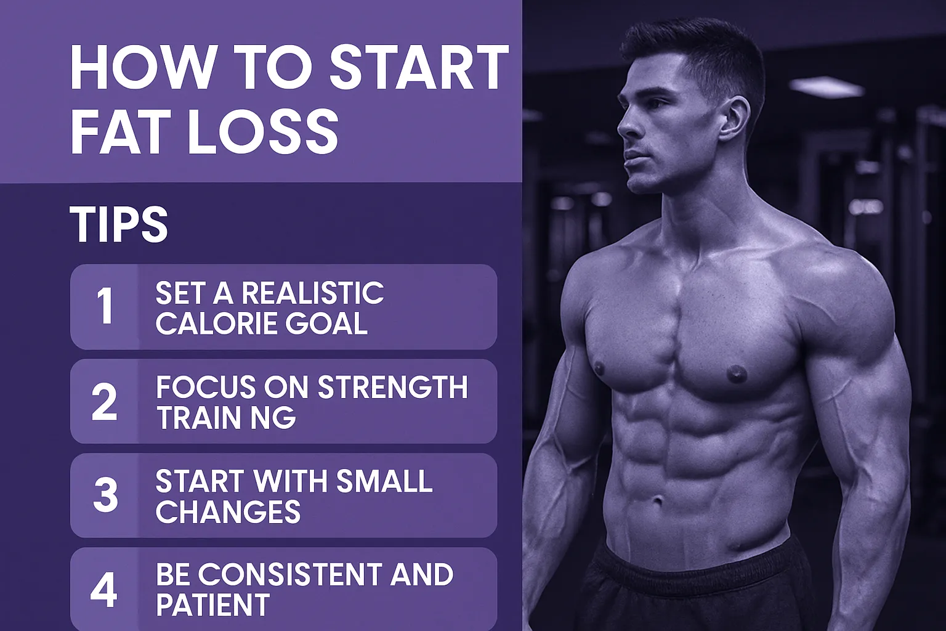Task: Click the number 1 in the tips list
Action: pos(105,306)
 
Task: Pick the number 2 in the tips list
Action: pos(104,402)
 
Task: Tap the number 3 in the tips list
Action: pos(105,495)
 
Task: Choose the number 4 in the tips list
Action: pos(104,589)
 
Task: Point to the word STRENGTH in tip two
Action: pos(392,388)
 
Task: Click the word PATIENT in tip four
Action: pos(212,605)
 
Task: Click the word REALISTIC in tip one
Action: pos(312,293)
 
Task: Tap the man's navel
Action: pos(658,500)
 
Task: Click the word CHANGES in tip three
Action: pos(228,511)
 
